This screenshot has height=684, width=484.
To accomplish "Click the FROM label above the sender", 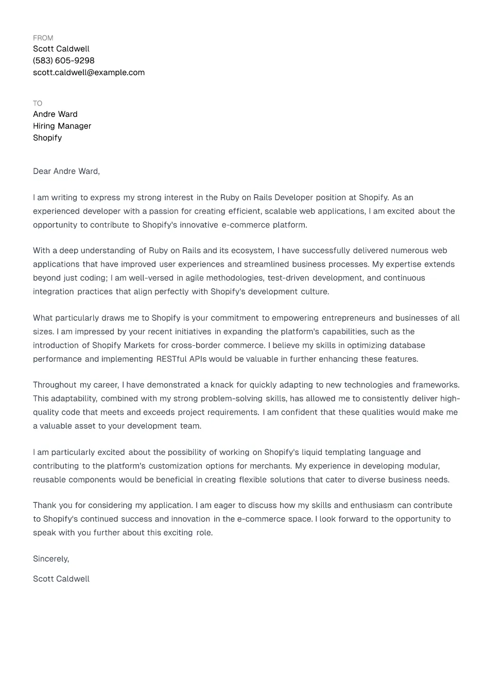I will pyautogui.click(x=43, y=38).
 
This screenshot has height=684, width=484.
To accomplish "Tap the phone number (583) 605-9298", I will pyautogui.click(x=64, y=61).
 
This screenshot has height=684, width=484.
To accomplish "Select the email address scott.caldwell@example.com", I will pyautogui.click(x=89, y=73).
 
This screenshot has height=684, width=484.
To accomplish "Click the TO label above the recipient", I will pyautogui.click(x=38, y=103).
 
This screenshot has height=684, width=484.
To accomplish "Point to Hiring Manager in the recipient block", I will pyautogui.click(x=62, y=126).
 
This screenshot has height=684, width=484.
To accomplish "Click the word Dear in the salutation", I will pyautogui.click(x=42, y=171).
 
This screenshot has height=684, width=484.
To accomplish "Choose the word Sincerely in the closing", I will pyautogui.click(x=50, y=559).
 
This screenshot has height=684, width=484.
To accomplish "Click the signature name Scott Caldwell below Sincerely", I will pyautogui.click(x=61, y=579).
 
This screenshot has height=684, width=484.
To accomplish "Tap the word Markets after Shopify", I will pyautogui.click(x=138, y=345).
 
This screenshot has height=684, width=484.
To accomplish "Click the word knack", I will pyautogui.click(x=222, y=385).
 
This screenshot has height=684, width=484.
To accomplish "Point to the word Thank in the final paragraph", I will pyautogui.click(x=44, y=505).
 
